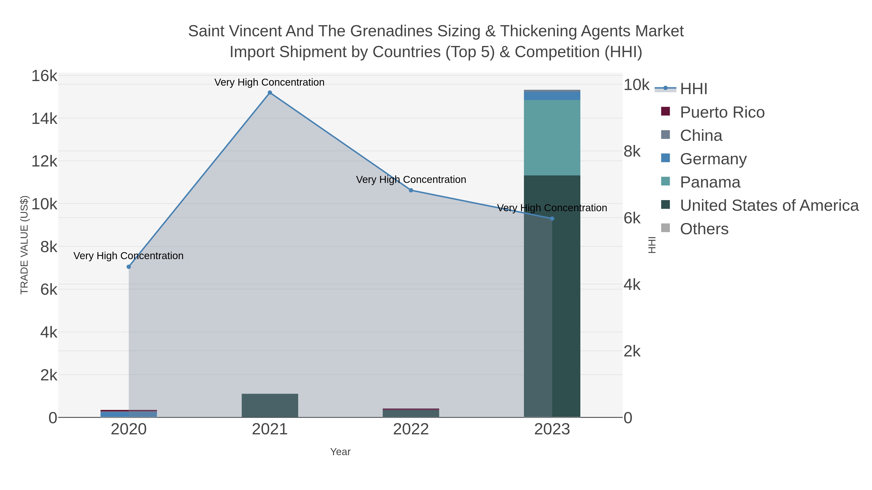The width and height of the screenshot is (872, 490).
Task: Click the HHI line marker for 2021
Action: click(x=270, y=93)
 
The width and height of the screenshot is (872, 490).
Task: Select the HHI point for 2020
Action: click(x=129, y=267)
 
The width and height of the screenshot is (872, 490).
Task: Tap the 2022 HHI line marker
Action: click(x=411, y=190)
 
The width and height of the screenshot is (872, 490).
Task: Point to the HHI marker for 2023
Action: click(x=552, y=219)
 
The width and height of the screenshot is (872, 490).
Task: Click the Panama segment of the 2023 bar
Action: click(x=552, y=138)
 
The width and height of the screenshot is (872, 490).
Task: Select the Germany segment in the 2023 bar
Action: click(x=552, y=96)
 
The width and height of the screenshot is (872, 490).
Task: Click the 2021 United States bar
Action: click(x=270, y=406)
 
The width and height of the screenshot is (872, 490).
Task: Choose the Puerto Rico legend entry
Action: click(x=722, y=112)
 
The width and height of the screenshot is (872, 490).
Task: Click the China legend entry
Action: click(x=701, y=136)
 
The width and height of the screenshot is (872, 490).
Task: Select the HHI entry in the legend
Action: click(x=693, y=89)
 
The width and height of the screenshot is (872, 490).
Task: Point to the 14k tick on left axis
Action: click(x=44, y=119)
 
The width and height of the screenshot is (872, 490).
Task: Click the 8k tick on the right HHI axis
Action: click(x=632, y=151)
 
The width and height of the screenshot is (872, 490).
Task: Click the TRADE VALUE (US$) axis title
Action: click(x=24, y=245)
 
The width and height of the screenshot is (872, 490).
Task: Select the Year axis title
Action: click(x=340, y=452)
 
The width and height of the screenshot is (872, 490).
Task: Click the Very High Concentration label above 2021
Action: click(x=269, y=83)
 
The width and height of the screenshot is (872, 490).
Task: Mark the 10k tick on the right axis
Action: click(x=636, y=85)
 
